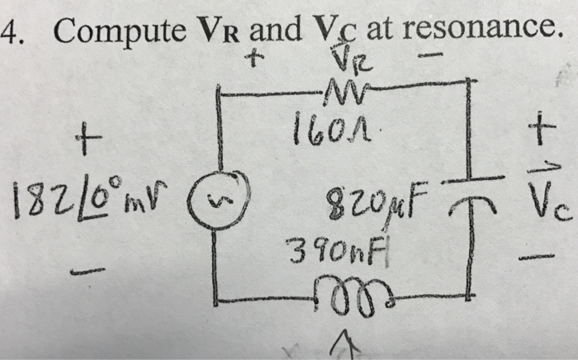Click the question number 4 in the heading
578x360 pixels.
pyautogui.click(x=10, y=31)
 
